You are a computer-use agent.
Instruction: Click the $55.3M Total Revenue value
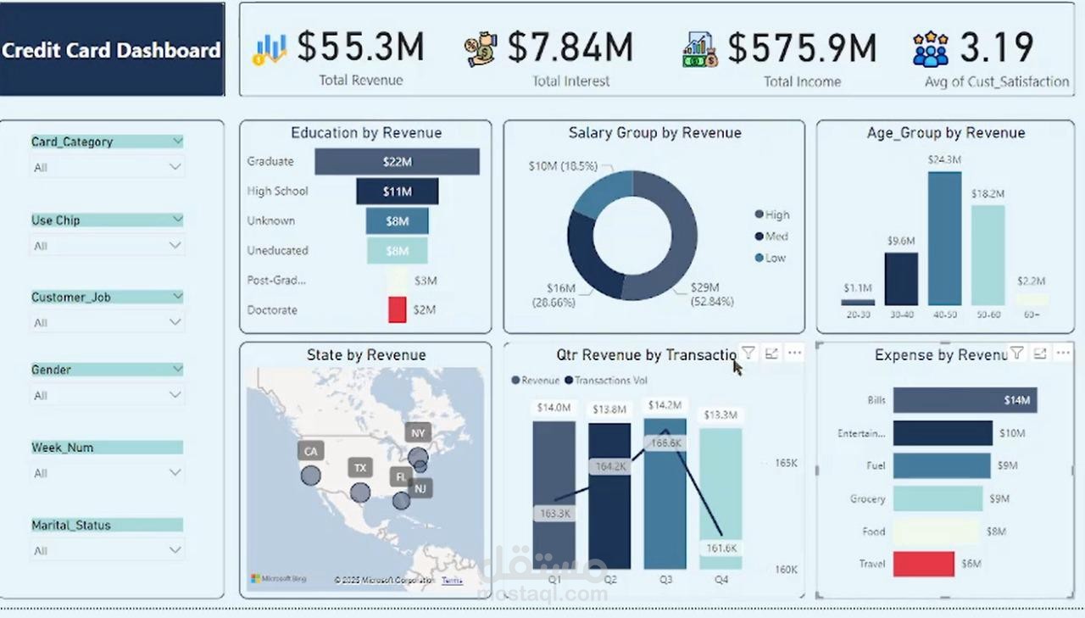(360, 47)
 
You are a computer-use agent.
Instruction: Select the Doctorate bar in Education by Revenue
(397, 309)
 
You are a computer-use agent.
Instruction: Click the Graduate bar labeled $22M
(397, 162)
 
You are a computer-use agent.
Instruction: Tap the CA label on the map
(310, 451)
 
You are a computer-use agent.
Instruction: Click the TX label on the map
(360, 468)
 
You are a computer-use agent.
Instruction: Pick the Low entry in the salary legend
(775, 258)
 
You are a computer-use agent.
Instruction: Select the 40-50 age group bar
(944, 238)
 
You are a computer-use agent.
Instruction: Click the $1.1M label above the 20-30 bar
(857, 288)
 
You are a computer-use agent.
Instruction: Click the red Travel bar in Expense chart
(923, 564)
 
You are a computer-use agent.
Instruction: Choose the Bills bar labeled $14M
(965, 400)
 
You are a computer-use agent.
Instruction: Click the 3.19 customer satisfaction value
(996, 47)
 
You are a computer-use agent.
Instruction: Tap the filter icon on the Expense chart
(1016, 354)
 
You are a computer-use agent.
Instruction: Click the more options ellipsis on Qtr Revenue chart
(794, 354)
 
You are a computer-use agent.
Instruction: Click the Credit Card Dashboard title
(111, 50)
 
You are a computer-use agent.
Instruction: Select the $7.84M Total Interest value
(570, 47)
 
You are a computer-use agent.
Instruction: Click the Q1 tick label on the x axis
(554, 580)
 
